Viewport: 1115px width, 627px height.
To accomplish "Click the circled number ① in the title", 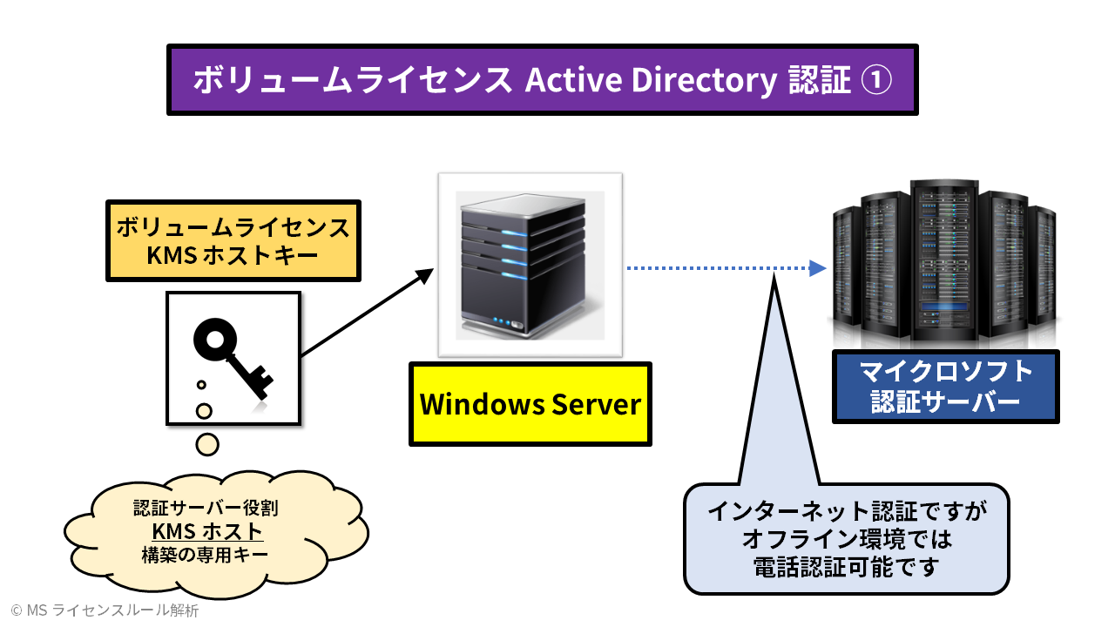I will [x=876, y=80].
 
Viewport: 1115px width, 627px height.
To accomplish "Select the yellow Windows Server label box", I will [x=530, y=404].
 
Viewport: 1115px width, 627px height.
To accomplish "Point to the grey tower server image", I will [x=530, y=264].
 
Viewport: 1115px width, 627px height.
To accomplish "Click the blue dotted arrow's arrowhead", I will [x=817, y=268].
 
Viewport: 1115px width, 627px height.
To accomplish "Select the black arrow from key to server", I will [x=366, y=313].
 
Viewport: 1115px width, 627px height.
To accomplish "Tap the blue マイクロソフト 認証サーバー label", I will [x=945, y=387].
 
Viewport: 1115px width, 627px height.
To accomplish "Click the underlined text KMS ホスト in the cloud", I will [x=206, y=531].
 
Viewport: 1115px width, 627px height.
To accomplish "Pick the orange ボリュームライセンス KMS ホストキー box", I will [x=233, y=240].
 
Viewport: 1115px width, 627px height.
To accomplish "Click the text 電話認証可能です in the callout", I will [x=846, y=568].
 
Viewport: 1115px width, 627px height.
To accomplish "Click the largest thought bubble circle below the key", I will [x=207, y=444].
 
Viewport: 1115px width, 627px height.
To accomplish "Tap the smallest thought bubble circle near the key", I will [x=201, y=384].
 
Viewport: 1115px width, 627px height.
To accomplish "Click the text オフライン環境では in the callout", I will [x=846, y=539].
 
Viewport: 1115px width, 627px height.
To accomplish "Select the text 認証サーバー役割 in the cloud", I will [x=206, y=508].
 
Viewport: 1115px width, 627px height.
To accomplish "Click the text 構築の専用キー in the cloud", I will [x=206, y=555].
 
